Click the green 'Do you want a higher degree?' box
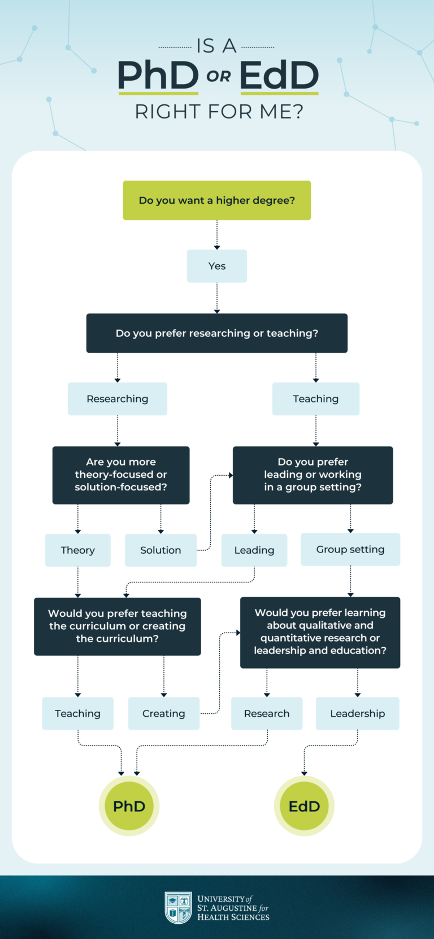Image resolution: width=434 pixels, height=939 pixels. pos(217,200)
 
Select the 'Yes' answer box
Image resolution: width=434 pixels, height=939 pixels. pos(217,266)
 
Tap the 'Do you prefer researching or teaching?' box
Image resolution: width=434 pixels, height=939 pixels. pos(217,333)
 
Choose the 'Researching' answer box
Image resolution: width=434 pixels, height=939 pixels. pos(118,399)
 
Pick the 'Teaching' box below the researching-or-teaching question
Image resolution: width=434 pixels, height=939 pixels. pos(316,399)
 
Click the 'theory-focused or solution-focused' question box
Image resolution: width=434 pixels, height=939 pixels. pos(121,475)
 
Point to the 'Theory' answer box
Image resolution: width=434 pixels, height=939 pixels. pos(78,550)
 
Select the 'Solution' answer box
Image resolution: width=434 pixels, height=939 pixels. pos(160,550)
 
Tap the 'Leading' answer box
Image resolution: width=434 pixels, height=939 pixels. pos(254,550)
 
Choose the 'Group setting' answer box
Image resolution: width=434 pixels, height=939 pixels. pos(350,550)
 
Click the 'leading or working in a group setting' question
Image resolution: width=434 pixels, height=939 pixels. pos(313,475)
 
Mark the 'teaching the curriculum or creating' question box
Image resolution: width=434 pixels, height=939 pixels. pos(118,626)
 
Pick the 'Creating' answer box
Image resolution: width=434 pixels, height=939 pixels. pos(164,713)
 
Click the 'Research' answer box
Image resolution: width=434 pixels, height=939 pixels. pos(267,713)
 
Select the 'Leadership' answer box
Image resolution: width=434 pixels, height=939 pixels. pos(358,713)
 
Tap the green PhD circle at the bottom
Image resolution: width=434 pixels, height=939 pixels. pos(129,806)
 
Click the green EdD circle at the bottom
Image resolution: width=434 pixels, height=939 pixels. pos(304,806)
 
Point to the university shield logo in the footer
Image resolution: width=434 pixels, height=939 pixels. pos(178,907)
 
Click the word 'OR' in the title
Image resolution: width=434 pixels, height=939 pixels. pos(219,77)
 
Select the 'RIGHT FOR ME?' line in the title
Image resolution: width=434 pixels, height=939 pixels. pos(219,112)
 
